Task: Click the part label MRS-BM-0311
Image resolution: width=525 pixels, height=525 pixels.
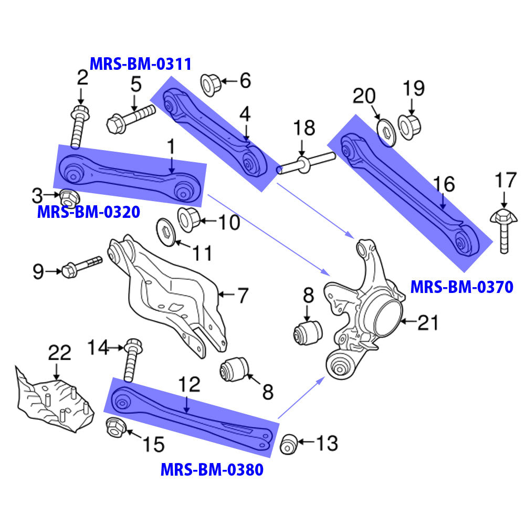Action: pos(140,64)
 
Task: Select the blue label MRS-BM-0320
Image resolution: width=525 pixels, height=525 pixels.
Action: pos(88,212)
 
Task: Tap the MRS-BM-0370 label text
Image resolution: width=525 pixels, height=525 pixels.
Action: pos(461,287)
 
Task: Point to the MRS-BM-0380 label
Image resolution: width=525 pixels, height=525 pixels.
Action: pos(212,468)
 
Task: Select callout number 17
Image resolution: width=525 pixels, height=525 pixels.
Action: pos(506,181)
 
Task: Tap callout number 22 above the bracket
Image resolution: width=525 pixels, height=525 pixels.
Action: pos(59,353)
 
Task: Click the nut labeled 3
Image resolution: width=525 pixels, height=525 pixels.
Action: pos(68,197)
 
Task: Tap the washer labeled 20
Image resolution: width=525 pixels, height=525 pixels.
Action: pos(386,129)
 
